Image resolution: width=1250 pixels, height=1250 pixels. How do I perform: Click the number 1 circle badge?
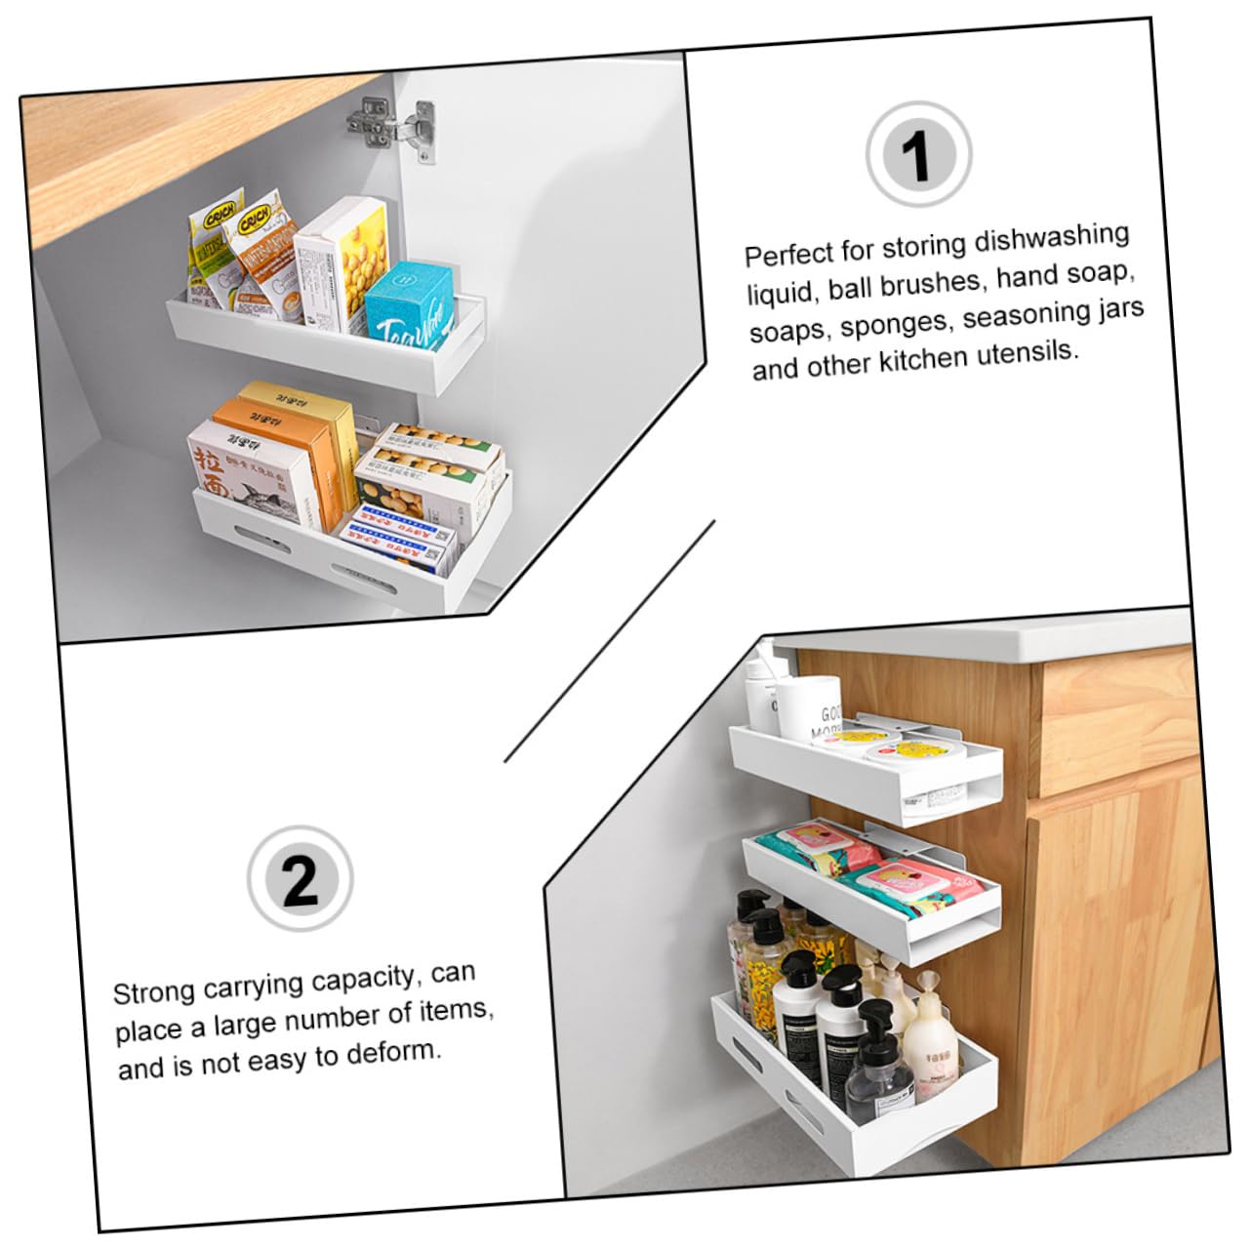[917, 155]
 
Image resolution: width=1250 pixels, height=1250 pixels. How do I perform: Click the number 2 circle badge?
[300, 878]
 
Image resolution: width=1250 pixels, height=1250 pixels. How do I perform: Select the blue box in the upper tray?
[410, 302]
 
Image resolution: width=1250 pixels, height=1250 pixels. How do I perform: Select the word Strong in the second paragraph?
[154, 992]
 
